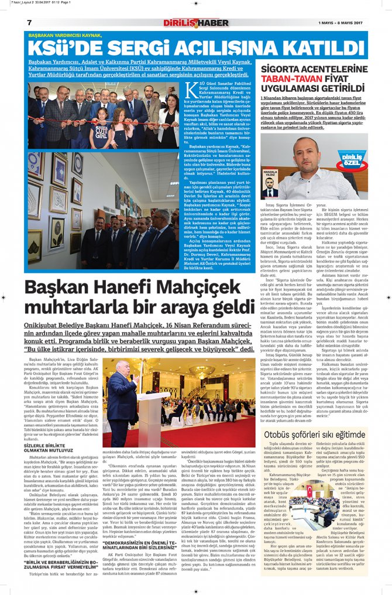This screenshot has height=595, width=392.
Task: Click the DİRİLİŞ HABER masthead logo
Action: [x=196, y=23]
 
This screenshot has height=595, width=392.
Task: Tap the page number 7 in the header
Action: [x=29, y=22]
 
